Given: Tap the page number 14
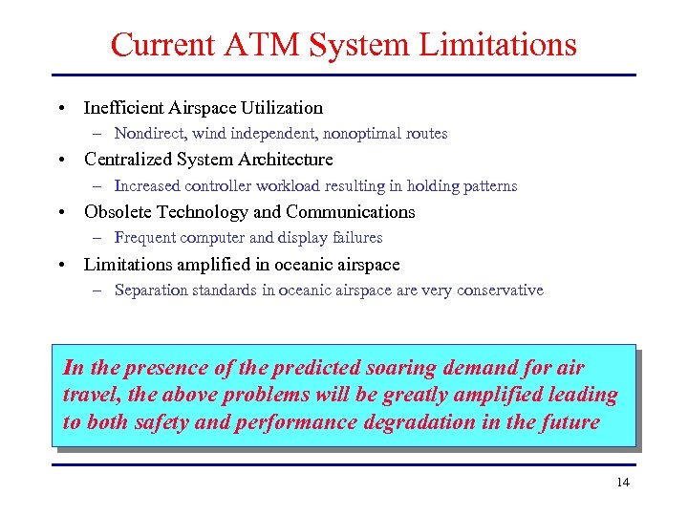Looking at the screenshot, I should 623,483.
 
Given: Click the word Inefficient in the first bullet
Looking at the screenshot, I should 122,108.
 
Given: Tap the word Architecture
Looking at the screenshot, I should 286,160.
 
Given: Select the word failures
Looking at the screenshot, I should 355,238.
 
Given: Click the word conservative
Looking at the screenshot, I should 495,290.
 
